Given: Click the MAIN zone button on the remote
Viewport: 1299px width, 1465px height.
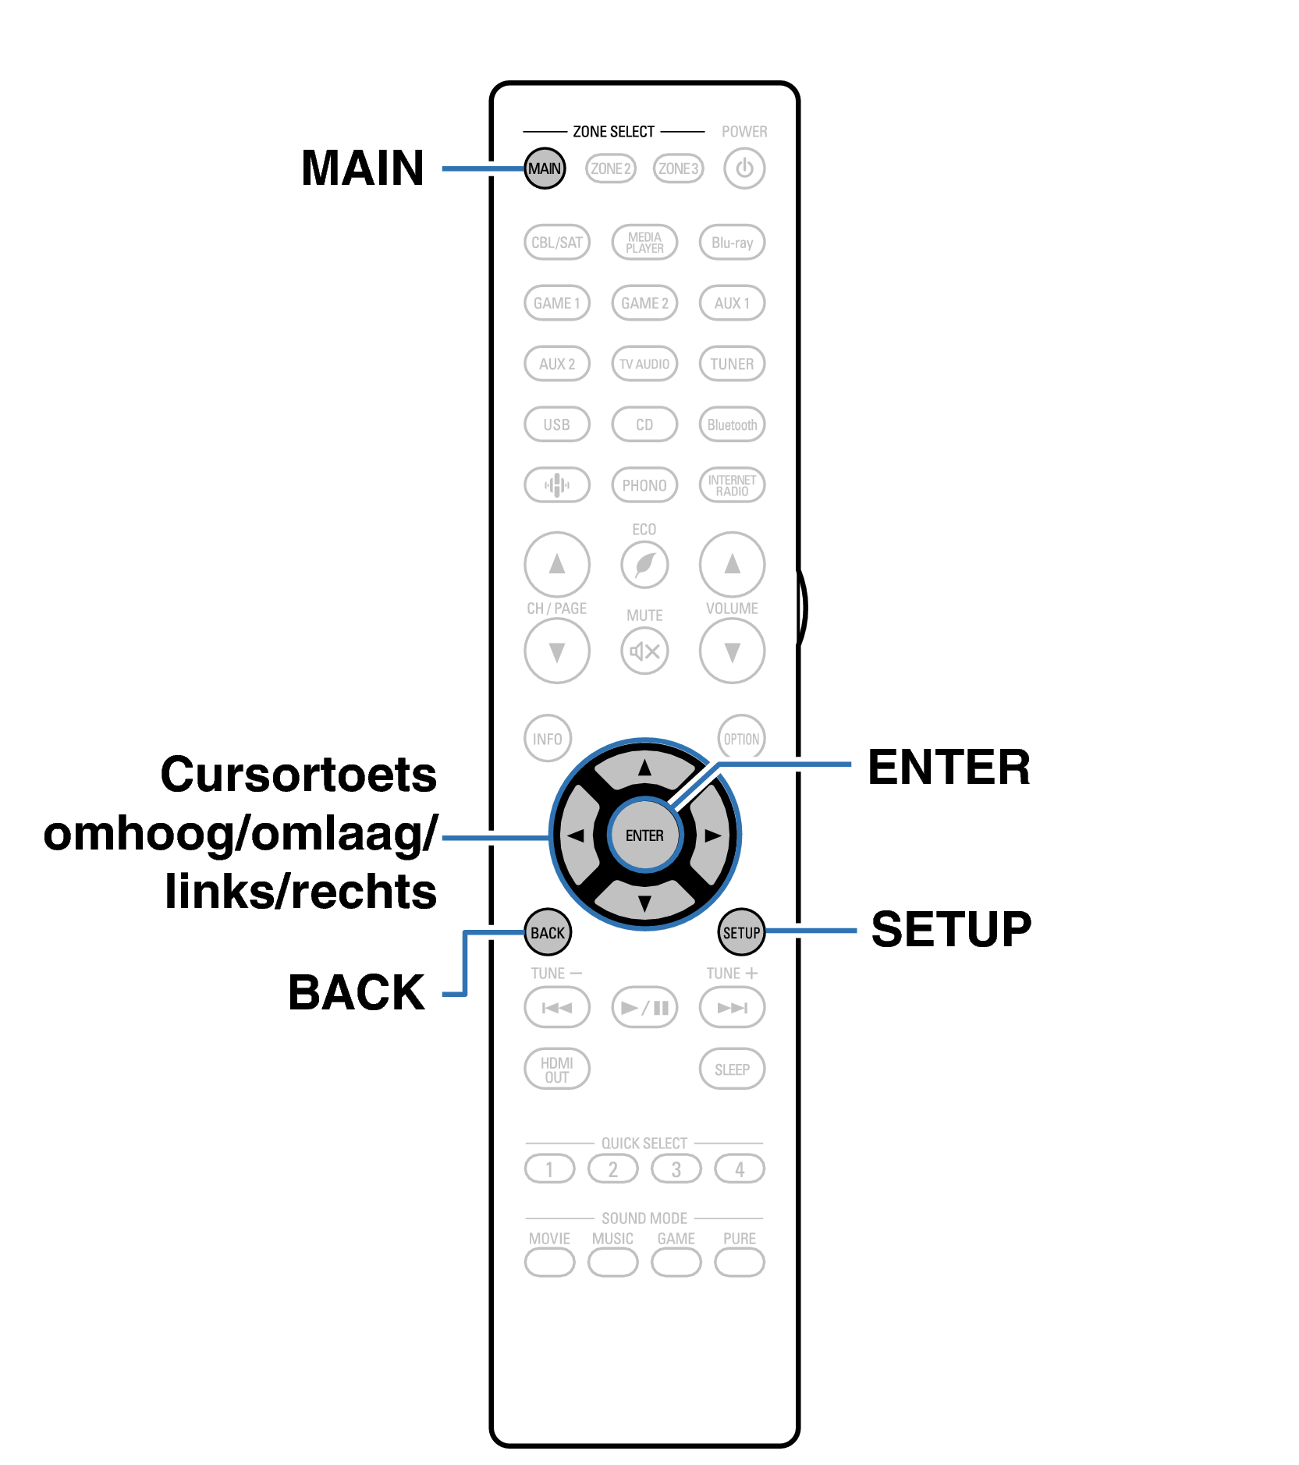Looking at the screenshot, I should tap(544, 168).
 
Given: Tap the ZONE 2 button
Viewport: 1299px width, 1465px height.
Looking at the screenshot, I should tap(611, 168).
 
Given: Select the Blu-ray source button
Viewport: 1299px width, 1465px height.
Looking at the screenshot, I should tap(732, 243).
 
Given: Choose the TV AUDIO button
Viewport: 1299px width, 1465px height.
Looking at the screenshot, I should tap(644, 364).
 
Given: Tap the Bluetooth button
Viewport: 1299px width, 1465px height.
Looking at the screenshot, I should tap(732, 424).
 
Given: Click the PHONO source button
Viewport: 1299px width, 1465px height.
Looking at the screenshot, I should tap(644, 485).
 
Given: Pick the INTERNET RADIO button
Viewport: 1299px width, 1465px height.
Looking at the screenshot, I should tap(732, 485).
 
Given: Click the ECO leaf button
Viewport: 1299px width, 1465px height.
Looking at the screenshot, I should tap(644, 564).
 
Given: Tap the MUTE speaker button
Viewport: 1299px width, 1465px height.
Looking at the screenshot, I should tap(644, 651).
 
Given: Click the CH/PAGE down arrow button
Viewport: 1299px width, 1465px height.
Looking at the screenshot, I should tap(556, 651).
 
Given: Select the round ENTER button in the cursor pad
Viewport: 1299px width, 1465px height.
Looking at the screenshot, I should tap(644, 835).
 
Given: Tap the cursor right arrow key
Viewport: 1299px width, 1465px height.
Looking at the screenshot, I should tap(712, 835).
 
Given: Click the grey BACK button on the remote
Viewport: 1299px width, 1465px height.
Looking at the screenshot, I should tap(548, 933).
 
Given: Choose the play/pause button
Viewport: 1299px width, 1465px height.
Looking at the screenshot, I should tap(644, 1008).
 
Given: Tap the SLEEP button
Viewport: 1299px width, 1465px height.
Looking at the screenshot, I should tap(732, 1069).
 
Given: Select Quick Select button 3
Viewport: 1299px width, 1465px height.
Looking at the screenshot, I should tap(676, 1169).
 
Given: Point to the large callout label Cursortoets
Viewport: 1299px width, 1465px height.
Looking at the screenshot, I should tap(298, 775).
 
